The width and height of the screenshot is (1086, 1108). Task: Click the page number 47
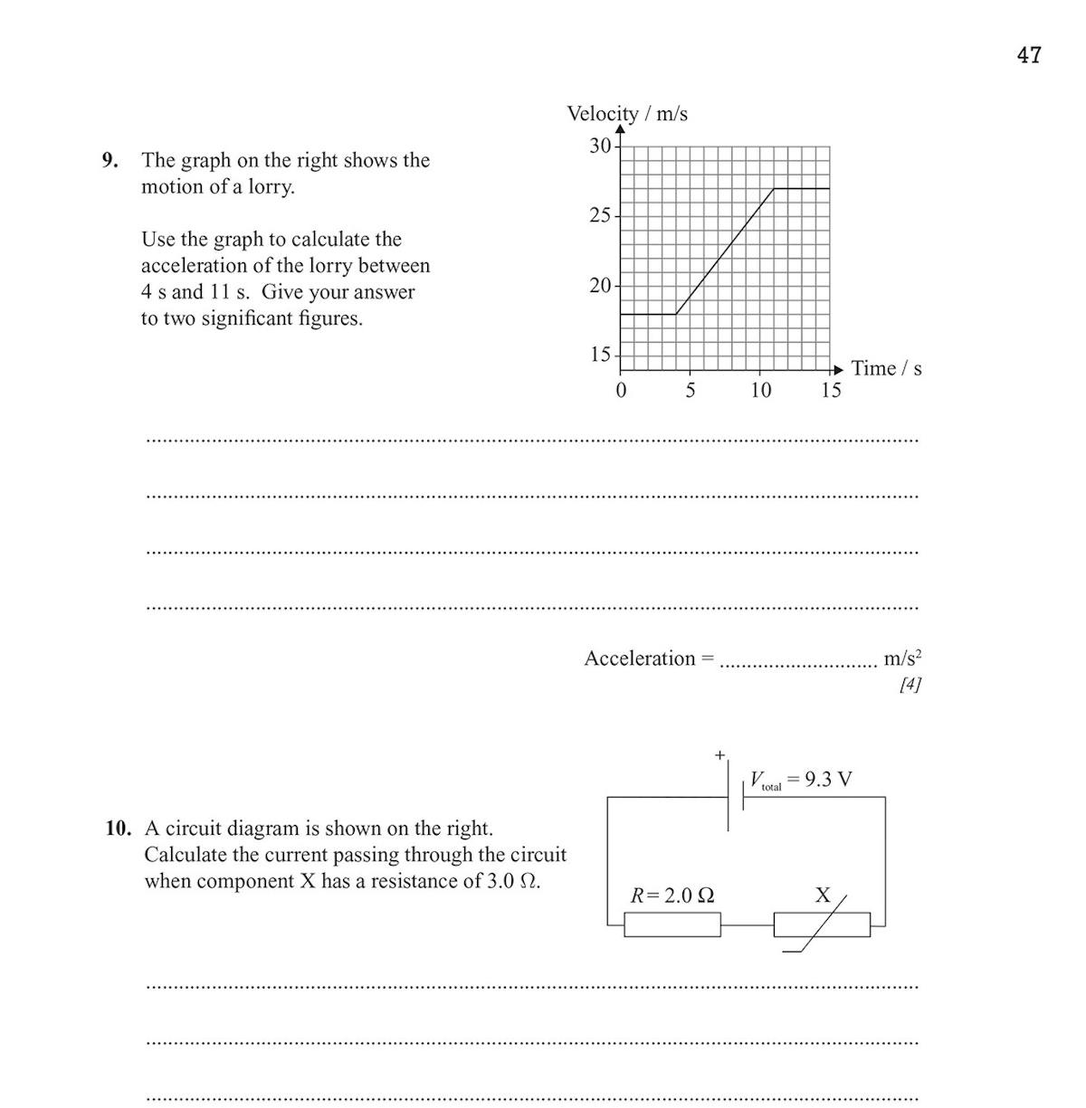[x=1029, y=55]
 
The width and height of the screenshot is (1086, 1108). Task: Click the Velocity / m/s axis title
[x=627, y=114]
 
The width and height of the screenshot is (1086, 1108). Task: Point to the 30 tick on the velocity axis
[x=600, y=146]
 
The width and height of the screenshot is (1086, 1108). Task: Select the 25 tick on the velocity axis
[x=600, y=216]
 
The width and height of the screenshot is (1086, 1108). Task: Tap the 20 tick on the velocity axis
[x=600, y=286]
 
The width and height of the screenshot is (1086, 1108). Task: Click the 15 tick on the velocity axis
[x=600, y=355]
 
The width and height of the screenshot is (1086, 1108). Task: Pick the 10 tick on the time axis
[x=760, y=391]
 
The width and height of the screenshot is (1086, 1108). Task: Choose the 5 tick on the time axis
[x=691, y=391]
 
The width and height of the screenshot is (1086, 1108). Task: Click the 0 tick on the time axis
[x=621, y=391]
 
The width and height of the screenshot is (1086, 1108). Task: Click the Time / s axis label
[x=887, y=368]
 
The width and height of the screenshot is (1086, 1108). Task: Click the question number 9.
[x=110, y=161]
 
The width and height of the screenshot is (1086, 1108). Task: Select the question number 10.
[x=118, y=829]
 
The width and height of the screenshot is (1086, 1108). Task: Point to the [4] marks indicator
[x=910, y=685]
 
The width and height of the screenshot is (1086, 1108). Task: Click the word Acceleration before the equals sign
[x=639, y=658]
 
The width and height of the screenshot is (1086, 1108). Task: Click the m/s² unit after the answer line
[x=902, y=658]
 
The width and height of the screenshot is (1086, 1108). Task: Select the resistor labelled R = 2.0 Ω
[x=672, y=924]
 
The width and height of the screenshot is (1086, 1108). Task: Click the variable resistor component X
[x=822, y=924]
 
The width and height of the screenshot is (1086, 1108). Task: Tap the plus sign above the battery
[x=720, y=754]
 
